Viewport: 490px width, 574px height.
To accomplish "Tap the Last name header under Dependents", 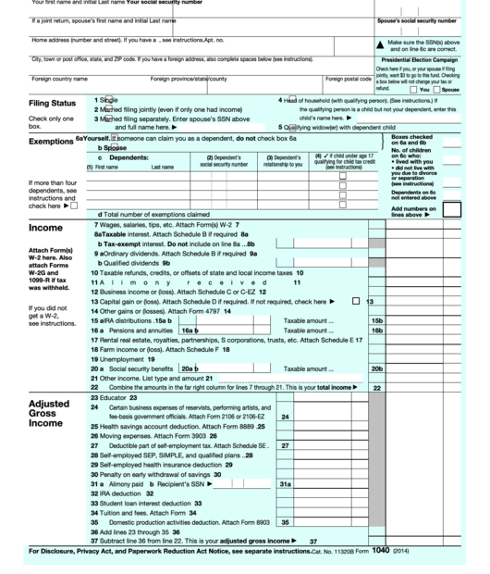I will (x=162, y=167).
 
